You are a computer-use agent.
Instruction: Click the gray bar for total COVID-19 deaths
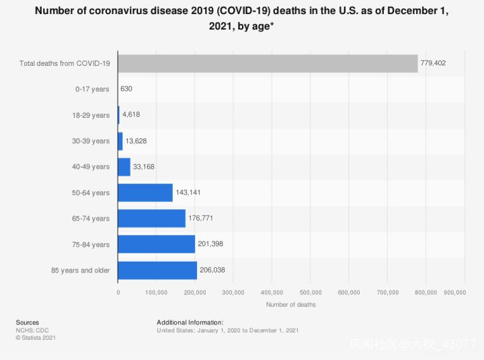(x=268, y=63)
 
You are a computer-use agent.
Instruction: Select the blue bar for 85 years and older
(x=157, y=271)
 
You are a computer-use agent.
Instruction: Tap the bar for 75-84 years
(x=156, y=244)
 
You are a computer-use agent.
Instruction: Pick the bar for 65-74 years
(x=151, y=219)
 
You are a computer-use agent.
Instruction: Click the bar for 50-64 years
(x=145, y=192)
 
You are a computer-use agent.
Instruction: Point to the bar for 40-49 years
(x=124, y=167)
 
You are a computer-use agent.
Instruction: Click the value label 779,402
(x=434, y=63)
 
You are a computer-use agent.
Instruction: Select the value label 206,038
(x=213, y=271)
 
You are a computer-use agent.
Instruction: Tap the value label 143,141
(x=188, y=192)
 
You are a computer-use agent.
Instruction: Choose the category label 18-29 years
(x=91, y=115)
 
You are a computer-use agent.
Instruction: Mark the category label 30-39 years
(x=91, y=141)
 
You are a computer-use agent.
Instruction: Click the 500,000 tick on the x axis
(x=311, y=293)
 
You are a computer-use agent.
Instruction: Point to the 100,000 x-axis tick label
(x=157, y=293)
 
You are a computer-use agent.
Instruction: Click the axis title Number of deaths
(x=290, y=305)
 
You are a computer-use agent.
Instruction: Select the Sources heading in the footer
(x=27, y=322)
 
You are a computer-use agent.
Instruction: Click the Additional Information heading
(x=190, y=322)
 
